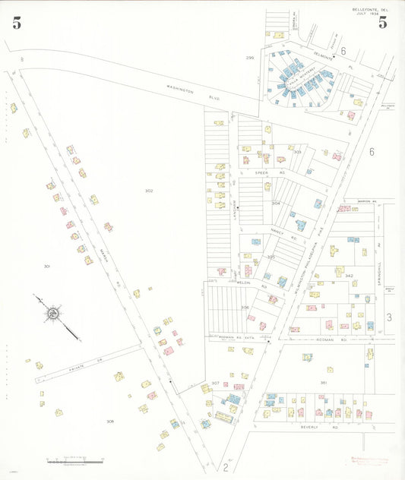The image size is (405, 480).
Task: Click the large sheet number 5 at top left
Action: tap(17, 23)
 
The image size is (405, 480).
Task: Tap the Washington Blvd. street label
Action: tap(185, 91)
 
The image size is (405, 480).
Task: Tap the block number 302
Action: tap(149, 191)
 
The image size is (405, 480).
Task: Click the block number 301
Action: tap(46, 267)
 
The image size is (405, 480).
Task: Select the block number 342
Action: tap(349, 275)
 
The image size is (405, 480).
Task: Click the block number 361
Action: tap(323, 382)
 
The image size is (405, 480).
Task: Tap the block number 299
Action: tap(249, 58)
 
